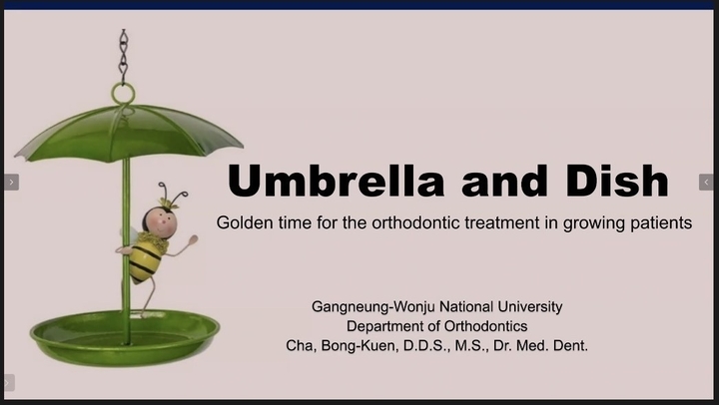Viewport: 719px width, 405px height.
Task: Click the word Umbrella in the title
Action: point(336,180)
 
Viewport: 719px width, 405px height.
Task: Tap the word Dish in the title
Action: point(617,180)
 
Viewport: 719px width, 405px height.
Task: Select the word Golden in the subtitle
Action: point(243,222)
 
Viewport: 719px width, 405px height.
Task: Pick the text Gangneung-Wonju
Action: point(373,307)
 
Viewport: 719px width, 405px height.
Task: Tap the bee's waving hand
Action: point(193,240)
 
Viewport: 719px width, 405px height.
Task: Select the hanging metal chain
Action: point(123,56)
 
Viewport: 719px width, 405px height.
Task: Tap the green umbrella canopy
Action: point(129,135)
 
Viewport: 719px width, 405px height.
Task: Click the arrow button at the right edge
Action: point(706,183)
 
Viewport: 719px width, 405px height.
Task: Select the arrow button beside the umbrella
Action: point(11,183)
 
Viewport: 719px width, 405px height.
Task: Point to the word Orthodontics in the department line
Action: point(485,326)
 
